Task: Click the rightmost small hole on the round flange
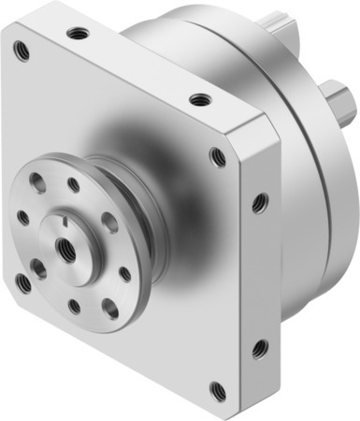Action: [124, 273]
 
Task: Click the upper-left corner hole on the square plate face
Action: [22, 51]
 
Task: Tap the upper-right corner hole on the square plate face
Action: [218, 156]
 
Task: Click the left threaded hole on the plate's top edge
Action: [76, 34]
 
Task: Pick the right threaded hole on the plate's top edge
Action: [197, 98]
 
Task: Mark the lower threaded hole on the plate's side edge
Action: [259, 348]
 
